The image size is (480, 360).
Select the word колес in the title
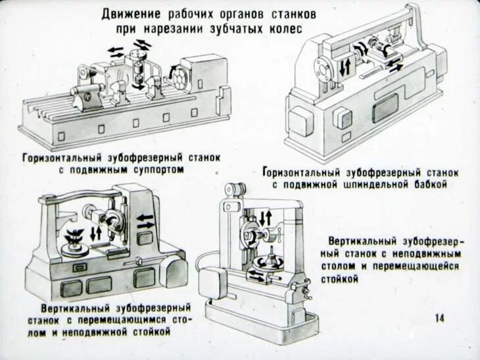pos(287,30)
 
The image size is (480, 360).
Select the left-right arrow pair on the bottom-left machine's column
pos(146,220)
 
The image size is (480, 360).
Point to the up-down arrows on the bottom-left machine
pos(96,232)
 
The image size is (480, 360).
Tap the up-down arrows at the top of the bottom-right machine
pos(266,218)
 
